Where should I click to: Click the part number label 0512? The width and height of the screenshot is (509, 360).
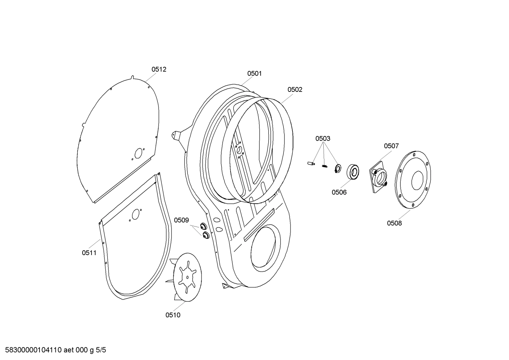tap(159, 70)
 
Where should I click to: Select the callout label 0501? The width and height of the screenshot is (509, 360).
tap(254, 73)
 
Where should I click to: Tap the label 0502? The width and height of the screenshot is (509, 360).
tap(295, 90)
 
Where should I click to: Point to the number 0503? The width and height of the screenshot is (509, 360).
tap(323, 138)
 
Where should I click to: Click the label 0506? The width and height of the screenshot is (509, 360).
tap(339, 192)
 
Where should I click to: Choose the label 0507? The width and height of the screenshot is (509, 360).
tap(391, 146)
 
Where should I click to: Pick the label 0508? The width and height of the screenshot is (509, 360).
tap(394, 223)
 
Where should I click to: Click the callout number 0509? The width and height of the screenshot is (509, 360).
tap(181, 220)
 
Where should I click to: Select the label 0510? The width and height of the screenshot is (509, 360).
tap(173, 315)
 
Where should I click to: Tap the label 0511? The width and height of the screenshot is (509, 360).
tap(89, 253)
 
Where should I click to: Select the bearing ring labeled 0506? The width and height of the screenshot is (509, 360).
tap(353, 172)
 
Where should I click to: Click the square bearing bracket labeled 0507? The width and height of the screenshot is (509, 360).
tap(379, 177)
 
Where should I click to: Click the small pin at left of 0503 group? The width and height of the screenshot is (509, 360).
tap(311, 163)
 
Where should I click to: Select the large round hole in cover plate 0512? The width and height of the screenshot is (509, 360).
tap(138, 153)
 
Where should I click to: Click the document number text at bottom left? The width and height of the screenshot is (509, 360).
tap(53, 350)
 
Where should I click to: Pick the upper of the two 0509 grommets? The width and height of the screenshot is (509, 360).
tap(203, 226)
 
